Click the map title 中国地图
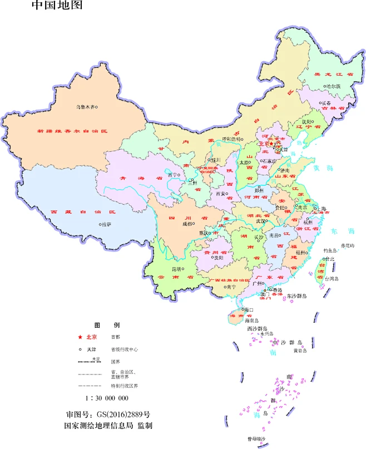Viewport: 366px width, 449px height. [x=57, y=6]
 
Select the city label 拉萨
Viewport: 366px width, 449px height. [x=106, y=224]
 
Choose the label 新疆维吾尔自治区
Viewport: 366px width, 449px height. [x=72, y=131]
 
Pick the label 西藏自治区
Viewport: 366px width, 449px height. [x=82, y=212]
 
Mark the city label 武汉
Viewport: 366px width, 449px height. [x=261, y=221]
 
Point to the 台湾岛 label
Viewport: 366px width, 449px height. [x=333, y=279]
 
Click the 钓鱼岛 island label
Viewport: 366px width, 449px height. [x=330, y=250]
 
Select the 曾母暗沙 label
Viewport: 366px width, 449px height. [x=256, y=440]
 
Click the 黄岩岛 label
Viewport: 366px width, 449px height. [x=300, y=351]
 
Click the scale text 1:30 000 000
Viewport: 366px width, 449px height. [x=107, y=398]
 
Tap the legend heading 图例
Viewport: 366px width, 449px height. [x=106, y=324]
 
